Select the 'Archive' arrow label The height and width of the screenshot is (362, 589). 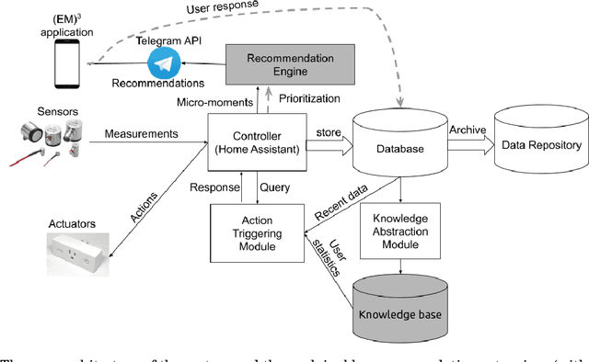pos(468,130)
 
